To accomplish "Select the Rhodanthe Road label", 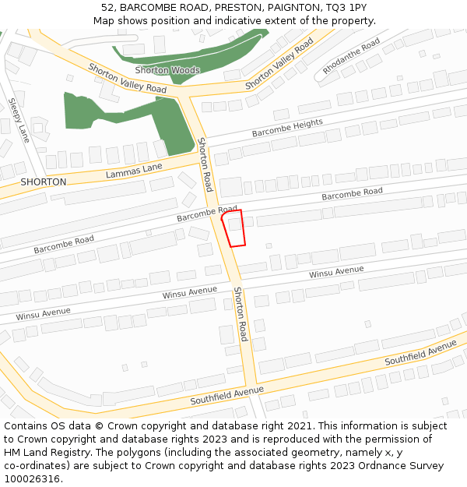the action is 351,56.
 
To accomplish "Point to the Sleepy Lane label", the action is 19,120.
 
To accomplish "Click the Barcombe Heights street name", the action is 287,129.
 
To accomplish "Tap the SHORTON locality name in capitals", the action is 44,182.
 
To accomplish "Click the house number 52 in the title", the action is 107,8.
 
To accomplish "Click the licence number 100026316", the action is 31,479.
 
